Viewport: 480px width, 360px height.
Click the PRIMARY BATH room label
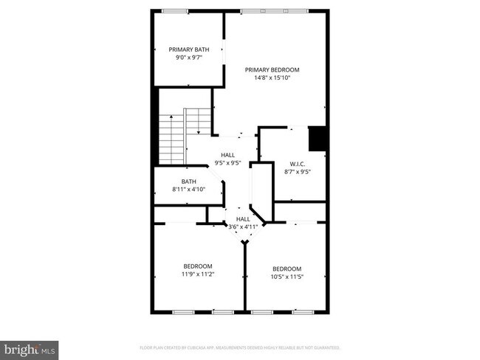click(x=188, y=49)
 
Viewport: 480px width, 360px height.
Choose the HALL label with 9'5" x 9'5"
click(x=228, y=155)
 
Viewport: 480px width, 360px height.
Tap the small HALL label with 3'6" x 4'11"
click(x=243, y=219)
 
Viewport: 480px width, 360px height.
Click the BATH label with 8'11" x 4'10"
click(x=189, y=181)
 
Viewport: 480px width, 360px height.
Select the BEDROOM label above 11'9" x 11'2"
click(x=198, y=266)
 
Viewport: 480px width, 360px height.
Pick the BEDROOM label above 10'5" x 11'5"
click(x=287, y=269)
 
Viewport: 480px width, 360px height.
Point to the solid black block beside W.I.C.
click(x=318, y=137)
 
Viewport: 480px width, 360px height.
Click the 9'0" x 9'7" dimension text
click(x=188, y=58)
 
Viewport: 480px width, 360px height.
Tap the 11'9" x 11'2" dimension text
click(x=198, y=274)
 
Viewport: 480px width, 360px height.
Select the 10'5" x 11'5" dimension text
click(x=287, y=277)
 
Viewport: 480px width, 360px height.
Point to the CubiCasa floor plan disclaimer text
click(x=240, y=347)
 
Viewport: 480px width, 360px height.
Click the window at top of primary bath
click(x=175, y=10)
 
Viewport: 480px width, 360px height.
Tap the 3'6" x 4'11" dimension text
click(x=243, y=227)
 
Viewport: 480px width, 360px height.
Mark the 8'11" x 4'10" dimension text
click(x=189, y=190)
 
